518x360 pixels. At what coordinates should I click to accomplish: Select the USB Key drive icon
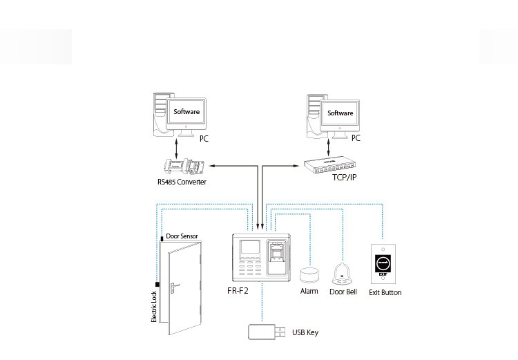[263, 332]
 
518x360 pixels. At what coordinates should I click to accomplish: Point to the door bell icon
[341, 274]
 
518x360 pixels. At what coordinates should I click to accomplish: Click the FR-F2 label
[238, 291]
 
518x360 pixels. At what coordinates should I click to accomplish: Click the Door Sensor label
[182, 236]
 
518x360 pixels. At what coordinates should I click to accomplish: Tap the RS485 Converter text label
[182, 182]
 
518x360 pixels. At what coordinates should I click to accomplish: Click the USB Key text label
[305, 333]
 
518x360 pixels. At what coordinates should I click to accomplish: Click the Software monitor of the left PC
[186, 113]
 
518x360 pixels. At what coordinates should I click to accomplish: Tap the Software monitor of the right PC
[339, 113]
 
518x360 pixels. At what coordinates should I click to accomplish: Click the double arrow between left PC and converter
[178, 147]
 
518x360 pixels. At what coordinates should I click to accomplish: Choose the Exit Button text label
[385, 292]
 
